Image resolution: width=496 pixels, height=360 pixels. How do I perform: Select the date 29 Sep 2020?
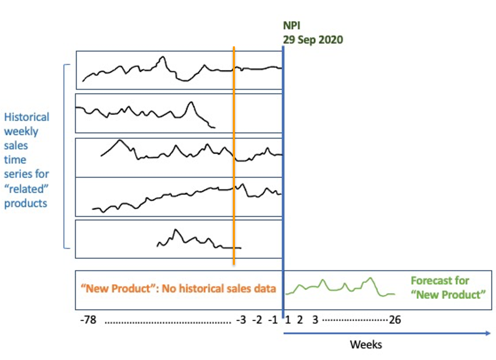(313, 40)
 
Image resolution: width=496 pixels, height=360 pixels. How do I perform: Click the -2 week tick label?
(258, 320)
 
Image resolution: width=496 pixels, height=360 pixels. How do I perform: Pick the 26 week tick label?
(395, 320)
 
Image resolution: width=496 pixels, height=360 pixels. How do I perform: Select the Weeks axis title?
(366, 345)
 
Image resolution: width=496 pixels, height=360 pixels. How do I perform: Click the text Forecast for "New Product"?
(440, 287)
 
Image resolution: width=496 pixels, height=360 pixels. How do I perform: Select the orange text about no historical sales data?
(178, 288)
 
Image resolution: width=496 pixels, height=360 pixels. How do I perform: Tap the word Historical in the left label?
(27, 117)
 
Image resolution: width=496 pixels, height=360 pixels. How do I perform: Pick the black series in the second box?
(126, 109)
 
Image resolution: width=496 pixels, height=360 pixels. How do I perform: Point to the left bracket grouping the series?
(64, 156)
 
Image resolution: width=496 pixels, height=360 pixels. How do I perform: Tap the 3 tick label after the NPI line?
(315, 320)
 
